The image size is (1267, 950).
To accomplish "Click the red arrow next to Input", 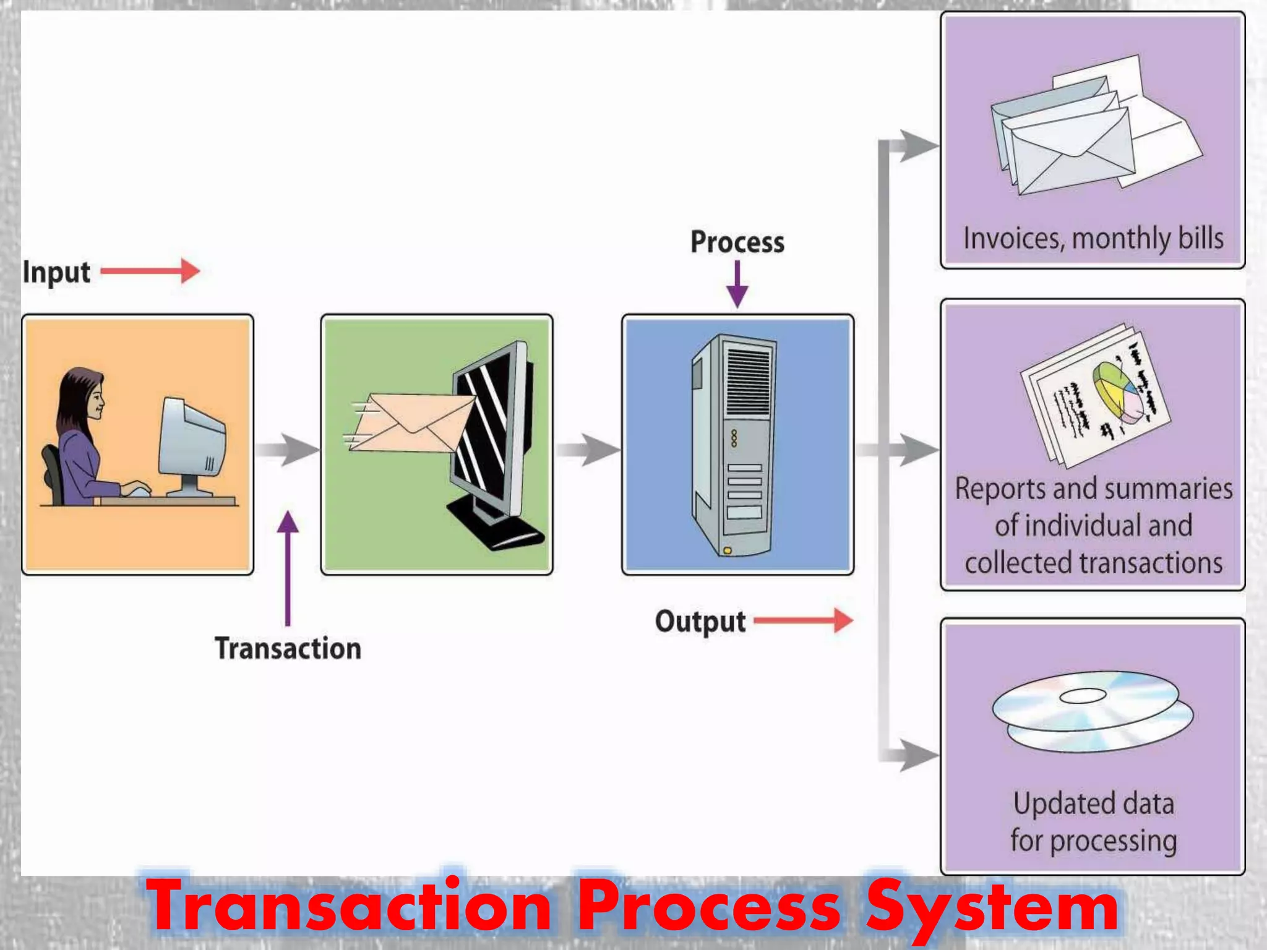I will (150, 271).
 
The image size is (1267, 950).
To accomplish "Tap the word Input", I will (56, 272).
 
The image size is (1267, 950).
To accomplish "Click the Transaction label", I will (288, 649).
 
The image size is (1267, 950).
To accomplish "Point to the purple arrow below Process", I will (737, 285).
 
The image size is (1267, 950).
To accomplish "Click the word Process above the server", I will (737, 242).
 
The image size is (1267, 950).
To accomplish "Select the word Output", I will (700, 622).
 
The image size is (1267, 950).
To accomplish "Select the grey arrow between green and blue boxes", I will (587, 450).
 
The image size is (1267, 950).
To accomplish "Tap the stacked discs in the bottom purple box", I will (1092, 711).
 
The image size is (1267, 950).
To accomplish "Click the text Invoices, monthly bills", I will (1093, 239).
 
